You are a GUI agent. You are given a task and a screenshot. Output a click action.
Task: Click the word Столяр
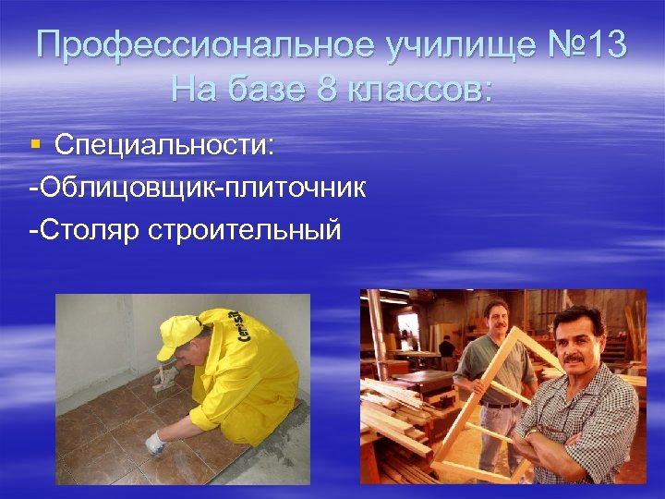(x=84, y=229)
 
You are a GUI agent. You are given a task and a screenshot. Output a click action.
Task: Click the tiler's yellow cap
(x=179, y=334)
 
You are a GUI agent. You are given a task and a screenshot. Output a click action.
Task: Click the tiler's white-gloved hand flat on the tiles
(x=154, y=442)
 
